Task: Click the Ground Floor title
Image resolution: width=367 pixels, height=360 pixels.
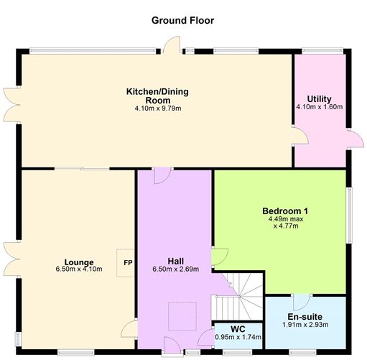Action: coord(182,20)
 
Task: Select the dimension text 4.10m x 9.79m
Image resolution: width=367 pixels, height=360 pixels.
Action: coord(158,109)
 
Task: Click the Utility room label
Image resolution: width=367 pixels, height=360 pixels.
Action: coord(319,98)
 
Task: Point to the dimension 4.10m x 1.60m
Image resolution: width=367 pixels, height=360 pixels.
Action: coord(319,107)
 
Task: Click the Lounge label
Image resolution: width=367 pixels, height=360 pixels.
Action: coord(79,262)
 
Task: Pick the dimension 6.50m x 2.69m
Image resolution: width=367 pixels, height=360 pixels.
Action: coord(175,270)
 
